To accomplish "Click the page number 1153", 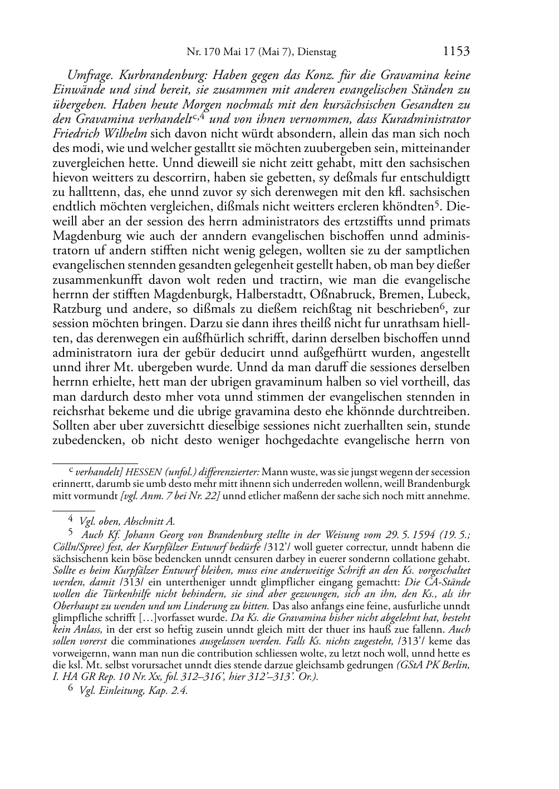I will click(x=456, y=52).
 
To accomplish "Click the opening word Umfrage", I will click(x=89, y=76).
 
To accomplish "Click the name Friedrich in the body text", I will click(x=76, y=134).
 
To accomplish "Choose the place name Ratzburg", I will click(x=76, y=309).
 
